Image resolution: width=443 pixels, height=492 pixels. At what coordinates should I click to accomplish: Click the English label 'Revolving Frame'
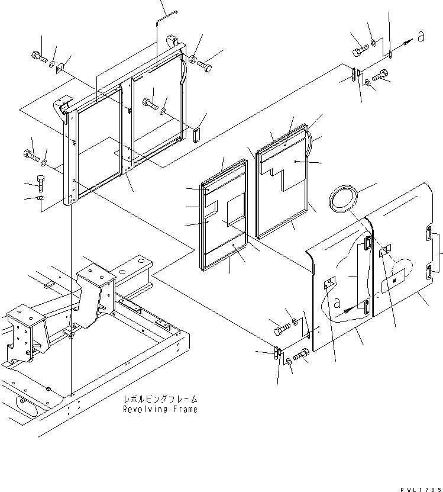coord(160,409)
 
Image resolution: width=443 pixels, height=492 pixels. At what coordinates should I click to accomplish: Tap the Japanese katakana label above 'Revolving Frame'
coord(160,400)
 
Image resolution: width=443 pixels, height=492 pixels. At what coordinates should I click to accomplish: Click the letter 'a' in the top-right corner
coord(421,37)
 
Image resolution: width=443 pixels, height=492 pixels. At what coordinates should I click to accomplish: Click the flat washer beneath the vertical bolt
coord(40,198)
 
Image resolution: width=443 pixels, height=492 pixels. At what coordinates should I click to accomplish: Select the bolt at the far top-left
coord(38,58)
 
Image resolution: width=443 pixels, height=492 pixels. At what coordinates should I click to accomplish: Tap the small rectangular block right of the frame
coord(197,134)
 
